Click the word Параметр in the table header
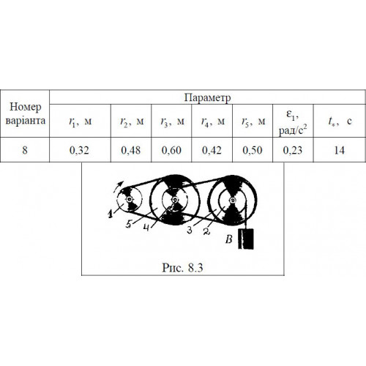click(x=207, y=97)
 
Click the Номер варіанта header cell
click(x=25, y=113)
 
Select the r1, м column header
click(x=81, y=122)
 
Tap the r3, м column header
click(x=172, y=122)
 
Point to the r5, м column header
click(x=253, y=122)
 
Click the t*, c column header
click(x=340, y=121)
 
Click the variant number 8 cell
click(x=25, y=149)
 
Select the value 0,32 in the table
click(x=79, y=150)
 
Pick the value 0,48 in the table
click(x=131, y=150)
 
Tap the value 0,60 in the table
click(x=171, y=150)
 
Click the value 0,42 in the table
click(x=212, y=150)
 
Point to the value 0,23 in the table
click(x=293, y=150)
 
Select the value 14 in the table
click(x=340, y=150)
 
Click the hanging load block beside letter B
click(x=246, y=239)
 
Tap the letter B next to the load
click(x=229, y=239)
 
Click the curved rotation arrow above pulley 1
click(x=119, y=187)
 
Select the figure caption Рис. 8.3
click(x=182, y=268)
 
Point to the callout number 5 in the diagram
click(x=129, y=224)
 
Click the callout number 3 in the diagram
click(x=190, y=230)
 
